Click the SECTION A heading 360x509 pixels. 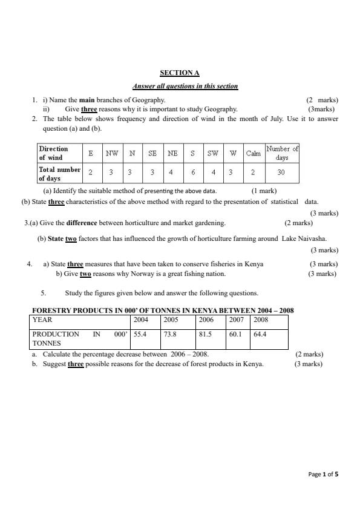[x=179, y=73]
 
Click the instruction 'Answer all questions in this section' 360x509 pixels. [x=185, y=86]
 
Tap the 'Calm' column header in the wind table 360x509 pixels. [x=253, y=153]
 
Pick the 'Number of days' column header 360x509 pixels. [x=283, y=153]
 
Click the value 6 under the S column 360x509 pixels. [x=192, y=172]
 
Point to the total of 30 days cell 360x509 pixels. [x=282, y=172]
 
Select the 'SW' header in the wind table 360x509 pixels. [x=213, y=153]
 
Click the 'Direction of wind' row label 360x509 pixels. [x=54, y=153]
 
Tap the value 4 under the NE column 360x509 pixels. [x=172, y=172]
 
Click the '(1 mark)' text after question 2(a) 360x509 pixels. [x=264, y=191]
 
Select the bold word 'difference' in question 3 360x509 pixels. [x=82, y=223]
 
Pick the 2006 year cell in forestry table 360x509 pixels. [x=206, y=320]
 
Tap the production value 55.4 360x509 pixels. [x=140, y=333]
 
